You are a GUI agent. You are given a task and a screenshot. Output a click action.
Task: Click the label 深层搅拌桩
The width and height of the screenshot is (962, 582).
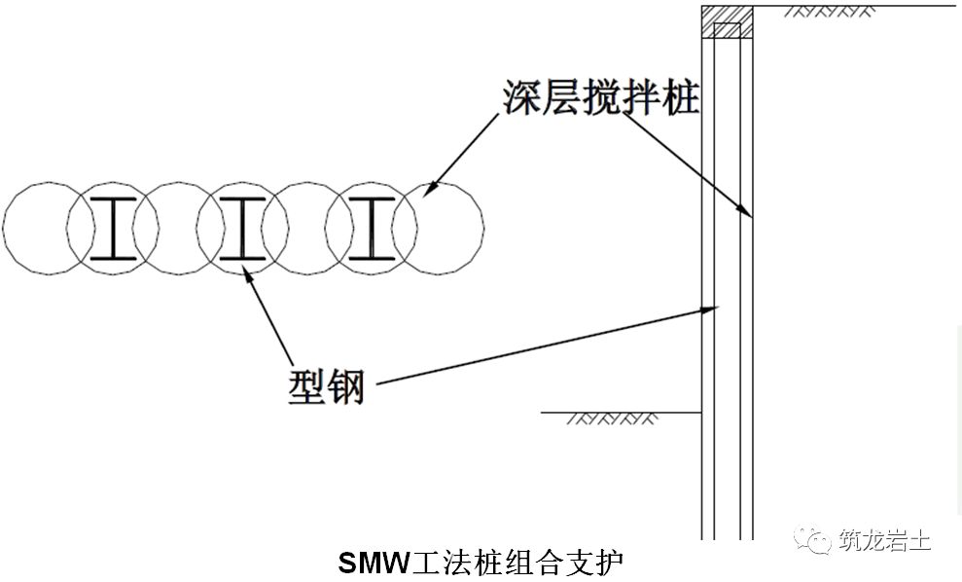[600, 97]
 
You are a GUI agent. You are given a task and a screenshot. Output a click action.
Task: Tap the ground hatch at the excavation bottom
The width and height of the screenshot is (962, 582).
[609, 419]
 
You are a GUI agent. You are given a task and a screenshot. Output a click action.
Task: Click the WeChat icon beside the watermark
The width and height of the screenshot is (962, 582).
[810, 540]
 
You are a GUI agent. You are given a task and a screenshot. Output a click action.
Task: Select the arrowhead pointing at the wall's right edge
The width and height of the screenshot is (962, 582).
[748, 211]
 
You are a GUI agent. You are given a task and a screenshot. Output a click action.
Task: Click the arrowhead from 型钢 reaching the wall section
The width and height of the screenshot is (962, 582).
[712, 309]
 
